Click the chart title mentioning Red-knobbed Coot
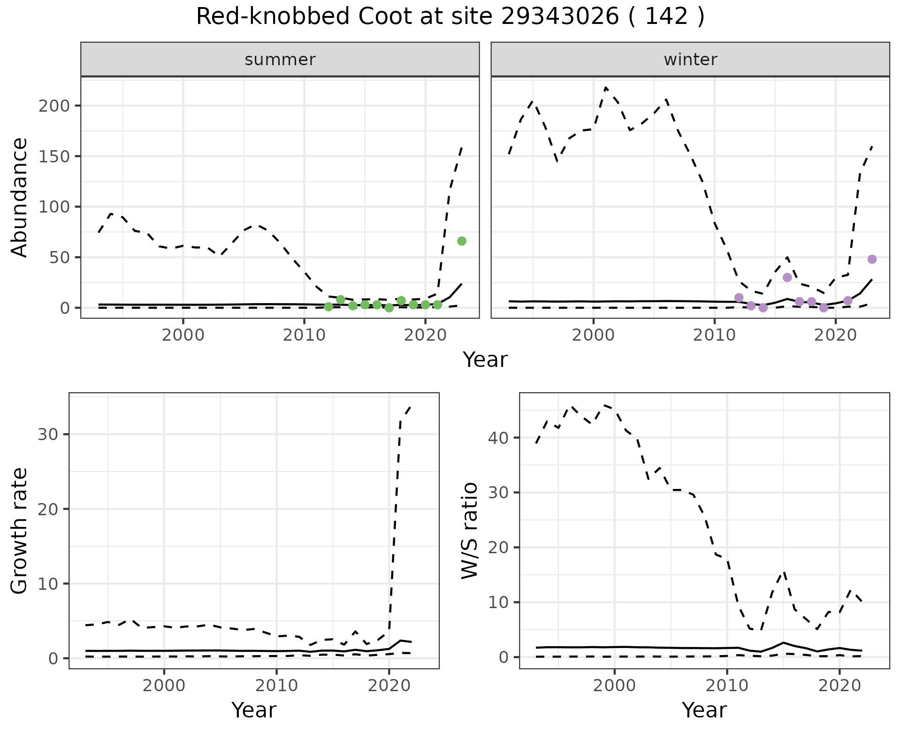coord(450,17)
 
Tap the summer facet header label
coord(280,60)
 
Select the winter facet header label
coord(690,60)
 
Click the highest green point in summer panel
coord(462,241)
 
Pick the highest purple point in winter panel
coord(872,259)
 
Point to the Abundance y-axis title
coord(20,197)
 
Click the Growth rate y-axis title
coord(20,530)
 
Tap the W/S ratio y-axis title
coord(469,530)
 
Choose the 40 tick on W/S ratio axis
coord(499,438)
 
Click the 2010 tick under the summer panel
coord(304,336)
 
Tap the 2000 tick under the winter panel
coord(593,336)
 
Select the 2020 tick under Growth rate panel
coord(389,686)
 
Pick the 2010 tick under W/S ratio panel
coord(727,686)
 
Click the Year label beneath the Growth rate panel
coord(254,710)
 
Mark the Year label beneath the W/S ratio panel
coord(704,710)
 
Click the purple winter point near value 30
coord(787,277)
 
